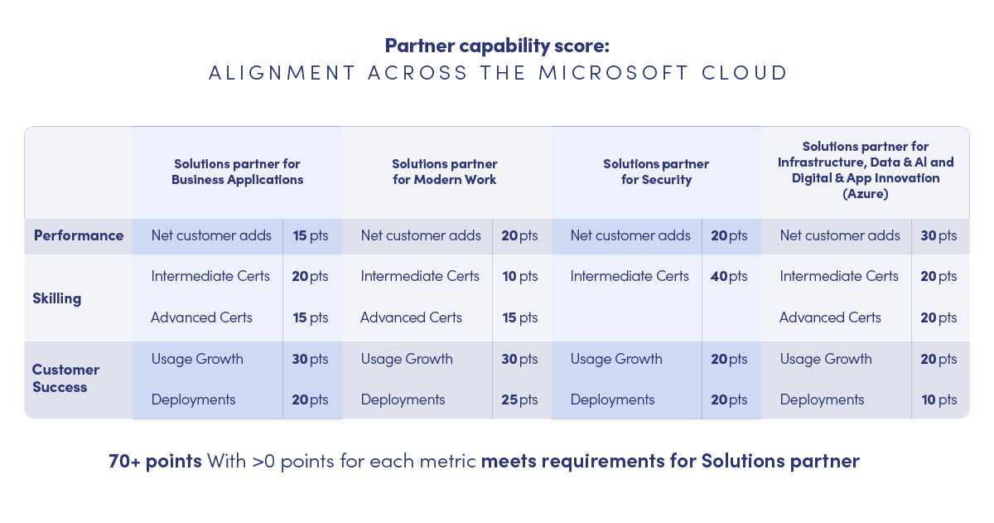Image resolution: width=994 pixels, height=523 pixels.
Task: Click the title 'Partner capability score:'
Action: coord(497,46)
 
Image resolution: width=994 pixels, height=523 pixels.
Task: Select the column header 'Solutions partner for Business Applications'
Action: coord(238,172)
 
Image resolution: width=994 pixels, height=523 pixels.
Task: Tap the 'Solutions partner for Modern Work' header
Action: coord(445,172)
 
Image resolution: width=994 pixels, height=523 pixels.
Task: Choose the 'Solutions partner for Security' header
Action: coord(656,172)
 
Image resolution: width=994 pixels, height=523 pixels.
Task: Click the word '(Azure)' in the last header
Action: coord(866,194)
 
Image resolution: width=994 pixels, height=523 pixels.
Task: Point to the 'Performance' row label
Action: coord(79,235)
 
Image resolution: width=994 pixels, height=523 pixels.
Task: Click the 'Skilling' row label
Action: coord(57,298)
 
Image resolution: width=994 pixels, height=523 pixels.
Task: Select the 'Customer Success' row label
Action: coord(65,378)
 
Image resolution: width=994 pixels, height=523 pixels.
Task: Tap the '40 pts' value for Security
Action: coord(729,277)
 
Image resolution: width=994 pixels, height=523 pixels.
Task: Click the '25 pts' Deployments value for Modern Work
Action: coord(519,400)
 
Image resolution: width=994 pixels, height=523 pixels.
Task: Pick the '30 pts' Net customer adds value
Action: coord(939,235)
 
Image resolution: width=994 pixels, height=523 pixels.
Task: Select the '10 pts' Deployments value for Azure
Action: coord(939,400)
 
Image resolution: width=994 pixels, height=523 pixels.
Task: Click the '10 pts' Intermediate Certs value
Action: coord(520,277)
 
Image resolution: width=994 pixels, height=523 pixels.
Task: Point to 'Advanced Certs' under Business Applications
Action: coord(201,318)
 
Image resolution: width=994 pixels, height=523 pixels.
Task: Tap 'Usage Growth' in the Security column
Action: coord(616,359)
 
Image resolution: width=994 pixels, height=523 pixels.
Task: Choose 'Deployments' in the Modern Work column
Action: coord(403,400)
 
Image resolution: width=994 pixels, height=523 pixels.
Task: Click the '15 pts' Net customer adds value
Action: coord(311,235)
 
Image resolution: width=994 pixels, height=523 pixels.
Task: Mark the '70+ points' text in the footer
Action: coord(156,461)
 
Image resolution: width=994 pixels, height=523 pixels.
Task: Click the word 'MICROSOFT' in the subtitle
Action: coord(614,73)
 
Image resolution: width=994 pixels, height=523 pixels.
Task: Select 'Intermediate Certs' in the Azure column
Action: coord(839,277)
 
